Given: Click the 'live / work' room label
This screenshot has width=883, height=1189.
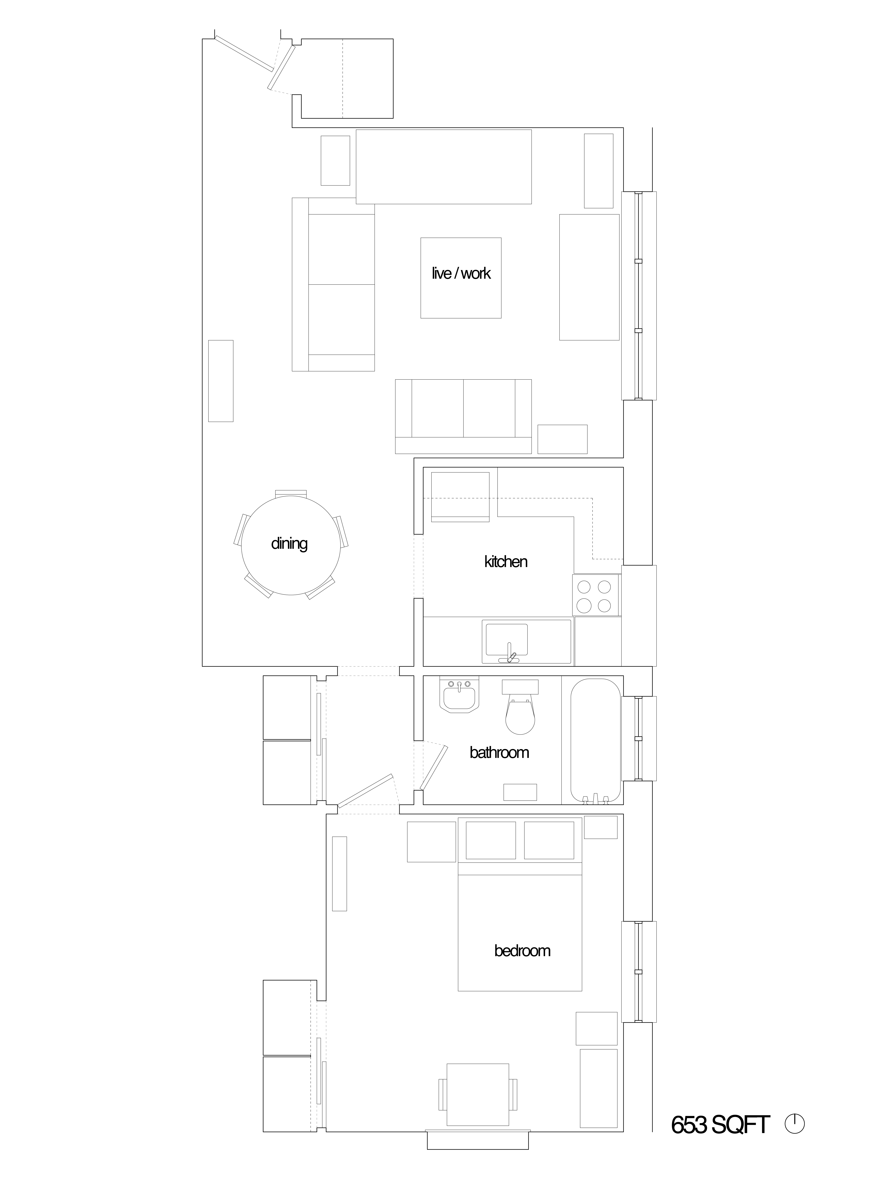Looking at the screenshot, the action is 461,273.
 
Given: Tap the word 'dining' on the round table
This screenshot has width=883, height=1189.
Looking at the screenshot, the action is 289,544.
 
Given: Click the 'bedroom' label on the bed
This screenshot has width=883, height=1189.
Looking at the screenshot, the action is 522,951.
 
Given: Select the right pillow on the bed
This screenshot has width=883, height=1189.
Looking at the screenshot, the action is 549,840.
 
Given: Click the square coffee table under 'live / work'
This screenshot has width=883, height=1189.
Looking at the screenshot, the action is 461,278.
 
